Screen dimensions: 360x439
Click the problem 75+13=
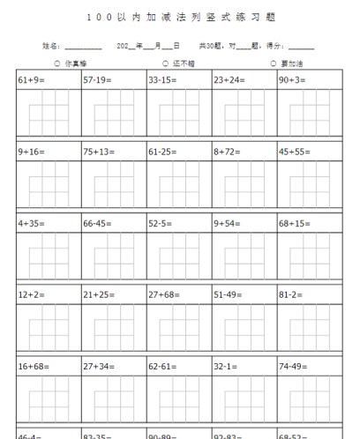point(99,152)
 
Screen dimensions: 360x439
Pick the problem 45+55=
point(295,152)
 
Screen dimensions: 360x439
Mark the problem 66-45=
point(99,223)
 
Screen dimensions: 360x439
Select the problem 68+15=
point(295,223)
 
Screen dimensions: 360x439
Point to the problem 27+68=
point(164,294)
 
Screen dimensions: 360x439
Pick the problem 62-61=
point(164,366)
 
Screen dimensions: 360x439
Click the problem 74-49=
point(295,366)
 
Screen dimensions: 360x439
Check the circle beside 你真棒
point(57,63)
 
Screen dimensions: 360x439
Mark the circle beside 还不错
point(165,63)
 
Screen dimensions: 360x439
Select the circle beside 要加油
point(274,63)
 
